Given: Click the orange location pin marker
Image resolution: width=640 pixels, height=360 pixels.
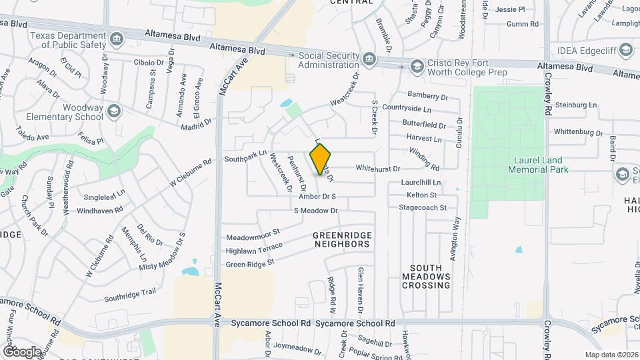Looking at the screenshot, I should tap(321, 159).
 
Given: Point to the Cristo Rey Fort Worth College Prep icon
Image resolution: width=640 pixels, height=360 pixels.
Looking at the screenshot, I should tap(417, 65).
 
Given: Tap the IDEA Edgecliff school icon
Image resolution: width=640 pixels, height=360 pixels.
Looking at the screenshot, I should tap(625, 49).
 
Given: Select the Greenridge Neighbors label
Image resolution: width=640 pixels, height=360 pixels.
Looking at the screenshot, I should tap(341, 240).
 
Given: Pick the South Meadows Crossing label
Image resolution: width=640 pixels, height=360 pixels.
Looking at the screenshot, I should tap(427, 276).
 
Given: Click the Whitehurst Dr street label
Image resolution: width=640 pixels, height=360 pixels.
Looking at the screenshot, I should tap(377, 169).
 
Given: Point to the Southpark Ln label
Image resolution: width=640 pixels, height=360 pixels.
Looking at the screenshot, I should tap(245, 159).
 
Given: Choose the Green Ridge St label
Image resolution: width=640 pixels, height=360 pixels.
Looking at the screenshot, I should tap(250, 264).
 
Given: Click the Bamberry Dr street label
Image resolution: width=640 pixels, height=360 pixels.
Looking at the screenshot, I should tap(428, 97).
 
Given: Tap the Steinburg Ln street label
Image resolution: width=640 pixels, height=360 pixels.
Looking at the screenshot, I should tap(576, 105).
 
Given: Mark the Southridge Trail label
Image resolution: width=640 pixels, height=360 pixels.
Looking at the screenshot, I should tap(130, 292).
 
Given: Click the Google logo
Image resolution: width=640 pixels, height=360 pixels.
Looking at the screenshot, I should tap(22, 351).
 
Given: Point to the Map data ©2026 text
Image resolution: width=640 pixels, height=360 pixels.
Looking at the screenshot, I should tap(611, 355).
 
